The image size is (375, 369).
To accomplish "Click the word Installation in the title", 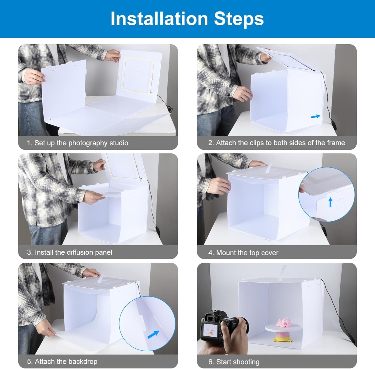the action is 159,19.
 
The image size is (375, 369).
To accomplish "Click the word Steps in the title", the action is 239,19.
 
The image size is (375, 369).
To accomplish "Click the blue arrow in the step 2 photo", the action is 315,116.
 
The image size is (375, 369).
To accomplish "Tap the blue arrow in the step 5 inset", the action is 153,334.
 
